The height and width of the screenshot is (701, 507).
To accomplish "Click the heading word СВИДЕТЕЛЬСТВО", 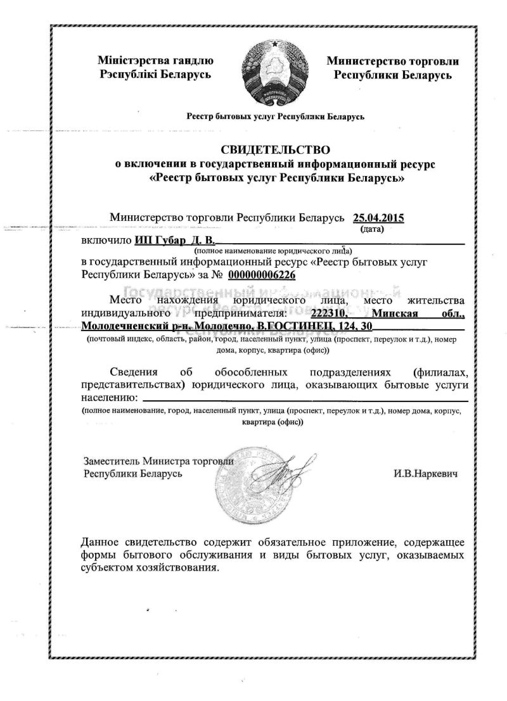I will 276,150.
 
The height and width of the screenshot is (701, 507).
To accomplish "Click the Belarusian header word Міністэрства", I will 131,61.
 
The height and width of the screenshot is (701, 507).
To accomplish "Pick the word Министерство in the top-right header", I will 364,61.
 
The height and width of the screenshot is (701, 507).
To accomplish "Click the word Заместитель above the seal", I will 112,461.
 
